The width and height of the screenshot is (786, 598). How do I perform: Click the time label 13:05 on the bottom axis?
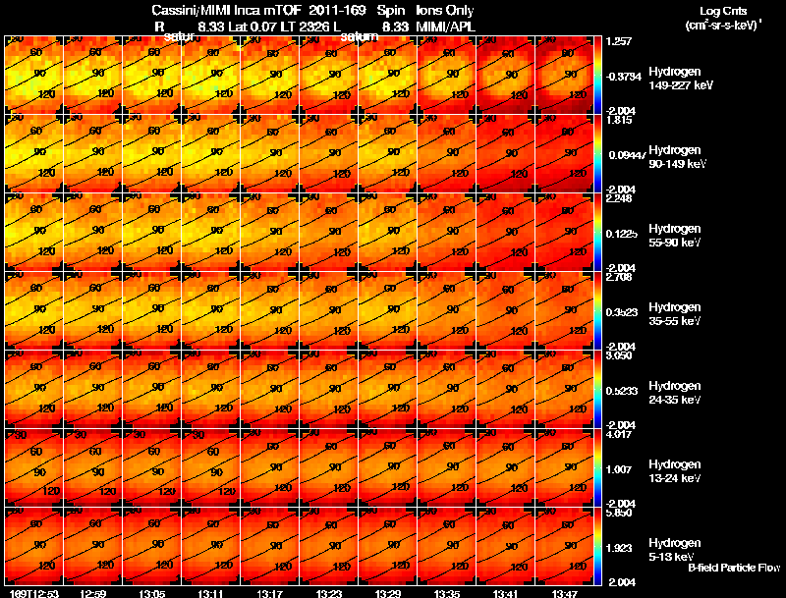click(151, 592)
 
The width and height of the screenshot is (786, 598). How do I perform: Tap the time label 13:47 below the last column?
click(564, 592)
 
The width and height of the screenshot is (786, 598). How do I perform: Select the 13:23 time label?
click(328, 592)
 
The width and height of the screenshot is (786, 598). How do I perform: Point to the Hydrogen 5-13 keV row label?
click(673, 550)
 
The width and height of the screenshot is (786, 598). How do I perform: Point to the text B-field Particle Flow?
click(734, 568)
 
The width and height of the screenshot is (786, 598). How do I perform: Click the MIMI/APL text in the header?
click(447, 27)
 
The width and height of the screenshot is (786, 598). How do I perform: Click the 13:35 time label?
click(446, 592)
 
